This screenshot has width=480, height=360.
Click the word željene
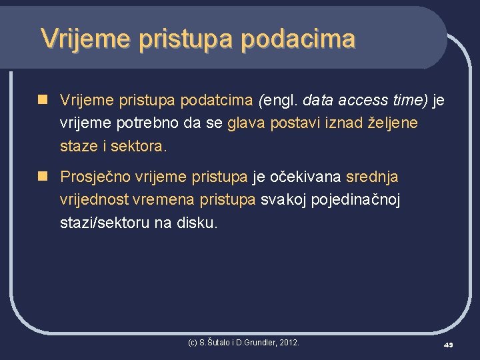pyautogui.click(x=393, y=123)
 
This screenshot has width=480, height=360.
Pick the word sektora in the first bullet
pyautogui.click(x=140, y=146)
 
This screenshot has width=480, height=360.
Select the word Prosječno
pyautogui.click(x=95, y=177)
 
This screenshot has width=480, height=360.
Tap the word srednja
pyautogui.click(x=372, y=177)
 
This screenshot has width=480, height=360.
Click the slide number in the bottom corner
pyautogui.click(x=449, y=344)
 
